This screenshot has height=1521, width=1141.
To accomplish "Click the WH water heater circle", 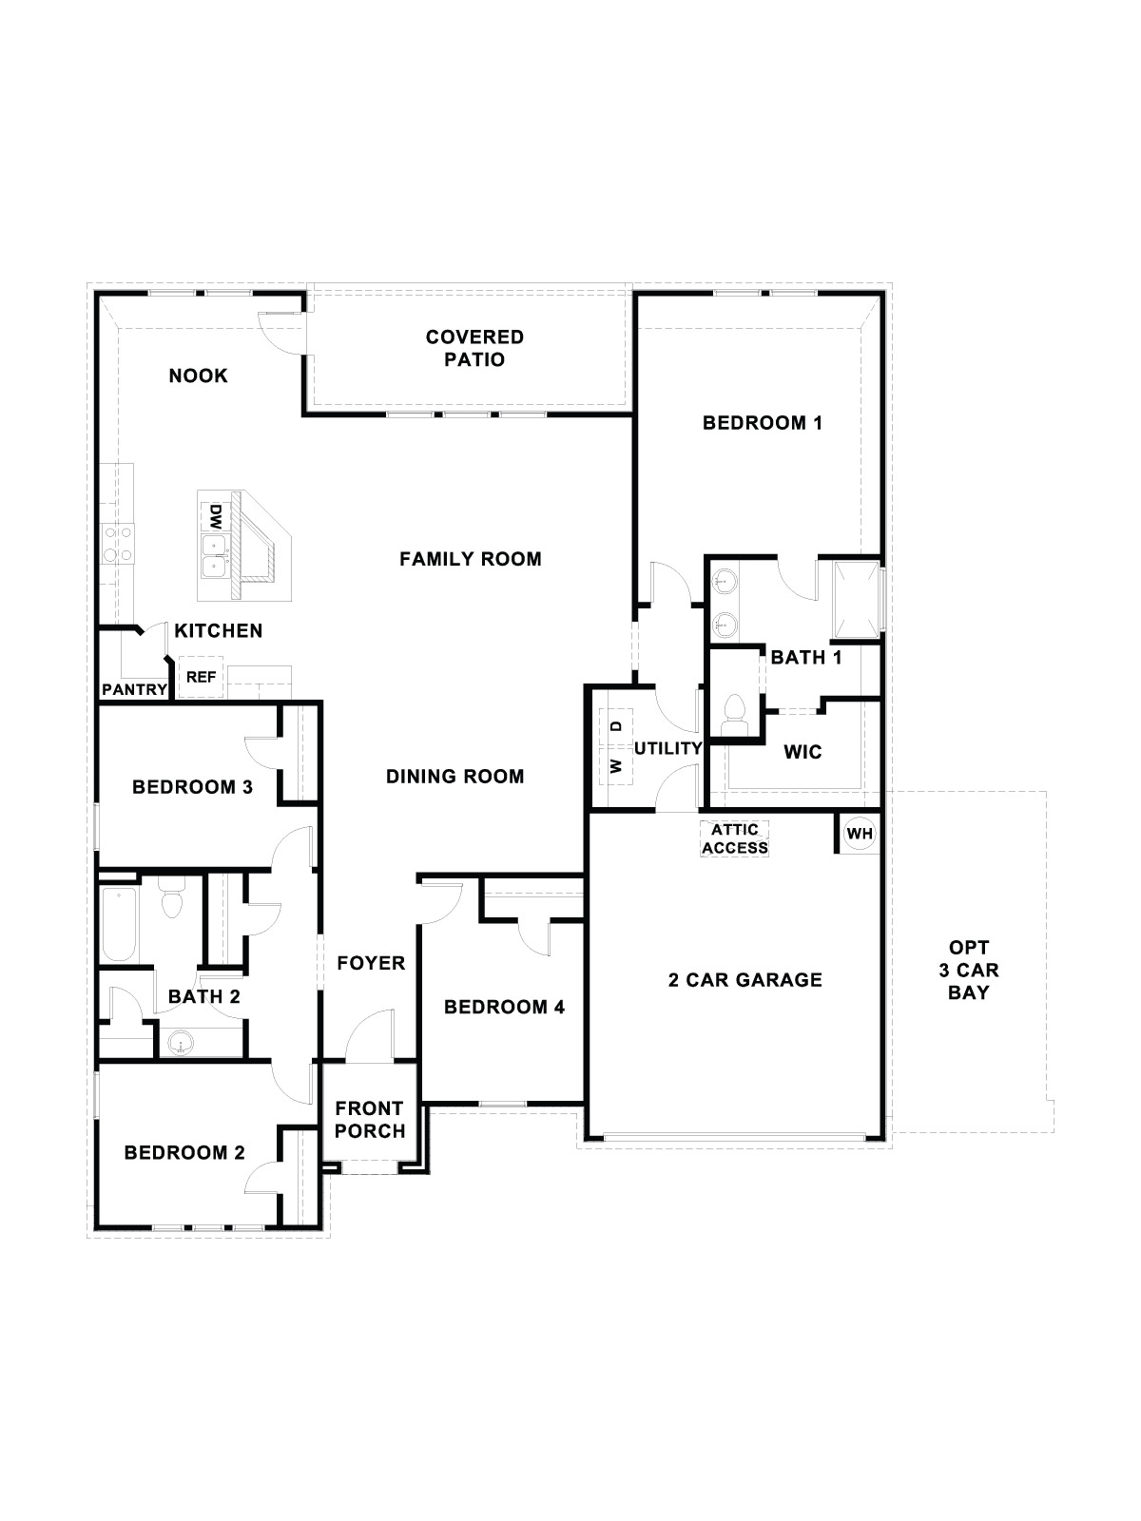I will click(x=860, y=834).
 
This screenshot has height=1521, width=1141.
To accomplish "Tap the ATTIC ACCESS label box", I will click(x=734, y=838).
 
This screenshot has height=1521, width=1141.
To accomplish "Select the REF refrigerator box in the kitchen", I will click(x=201, y=677).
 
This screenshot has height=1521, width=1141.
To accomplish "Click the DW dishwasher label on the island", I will click(x=215, y=518).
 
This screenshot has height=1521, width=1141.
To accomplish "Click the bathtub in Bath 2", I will click(x=120, y=922).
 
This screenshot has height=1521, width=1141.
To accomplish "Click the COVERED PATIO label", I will click(x=474, y=348).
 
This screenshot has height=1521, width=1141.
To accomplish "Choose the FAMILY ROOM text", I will click(x=470, y=559).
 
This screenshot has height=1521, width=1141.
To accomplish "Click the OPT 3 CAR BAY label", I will click(x=968, y=970).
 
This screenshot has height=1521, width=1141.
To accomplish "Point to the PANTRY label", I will click(x=134, y=689).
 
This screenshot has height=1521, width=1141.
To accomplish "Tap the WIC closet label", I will click(x=802, y=752).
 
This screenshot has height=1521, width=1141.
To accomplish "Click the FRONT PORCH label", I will click(x=370, y=1119).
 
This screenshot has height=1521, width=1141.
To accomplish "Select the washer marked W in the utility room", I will click(x=616, y=764).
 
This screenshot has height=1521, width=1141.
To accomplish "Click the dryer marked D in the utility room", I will click(x=616, y=725).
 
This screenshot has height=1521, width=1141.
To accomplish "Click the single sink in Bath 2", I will click(x=179, y=1044).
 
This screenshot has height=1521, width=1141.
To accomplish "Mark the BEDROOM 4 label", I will click(x=504, y=1007).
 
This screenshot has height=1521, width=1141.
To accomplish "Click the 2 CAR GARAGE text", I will click(x=745, y=979).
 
